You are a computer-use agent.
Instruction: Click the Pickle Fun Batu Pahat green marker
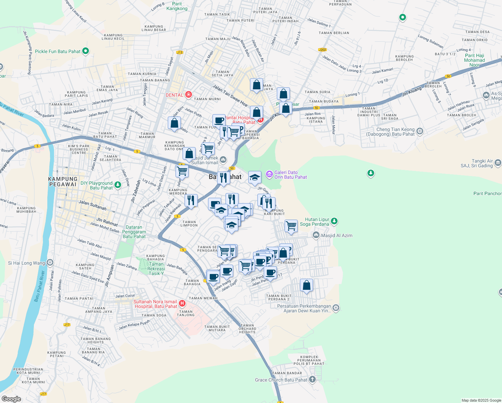(x=85, y=51)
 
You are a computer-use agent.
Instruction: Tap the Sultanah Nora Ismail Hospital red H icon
(x=182, y=304)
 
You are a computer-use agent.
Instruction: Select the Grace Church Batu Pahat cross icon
(x=312, y=380)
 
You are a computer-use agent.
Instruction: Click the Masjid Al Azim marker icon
(x=316, y=235)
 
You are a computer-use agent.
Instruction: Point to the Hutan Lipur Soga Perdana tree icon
(x=334, y=221)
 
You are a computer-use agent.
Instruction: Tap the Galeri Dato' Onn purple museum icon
(x=269, y=174)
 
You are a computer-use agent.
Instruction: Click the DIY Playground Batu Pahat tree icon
(x=117, y=185)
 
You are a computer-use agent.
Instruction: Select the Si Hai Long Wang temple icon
(x=50, y=263)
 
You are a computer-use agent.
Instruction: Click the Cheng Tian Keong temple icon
(x=420, y=131)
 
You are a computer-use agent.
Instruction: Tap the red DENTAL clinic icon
(x=189, y=95)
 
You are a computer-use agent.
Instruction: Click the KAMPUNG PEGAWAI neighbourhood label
(x=63, y=182)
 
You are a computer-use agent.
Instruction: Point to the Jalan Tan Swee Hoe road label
(x=230, y=95)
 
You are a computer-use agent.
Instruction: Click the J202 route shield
(x=322, y=50)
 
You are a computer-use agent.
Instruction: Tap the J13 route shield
(x=180, y=52)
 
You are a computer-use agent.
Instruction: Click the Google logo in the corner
(x=11, y=399)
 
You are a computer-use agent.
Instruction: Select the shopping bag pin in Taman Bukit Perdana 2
(x=306, y=285)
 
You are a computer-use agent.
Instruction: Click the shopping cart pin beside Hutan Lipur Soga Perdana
(x=291, y=226)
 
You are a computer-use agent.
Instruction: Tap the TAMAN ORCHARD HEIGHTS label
(x=247, y=328)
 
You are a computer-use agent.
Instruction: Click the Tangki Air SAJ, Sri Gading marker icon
(x=498, y=163)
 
